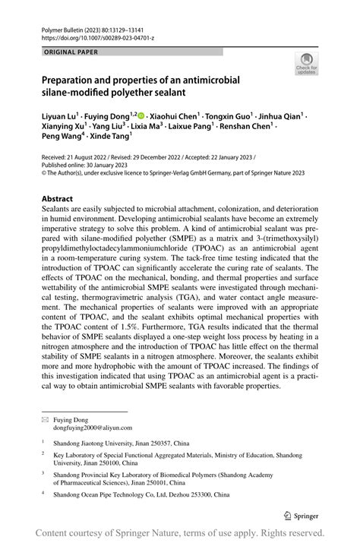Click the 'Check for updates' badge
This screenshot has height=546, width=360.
307,64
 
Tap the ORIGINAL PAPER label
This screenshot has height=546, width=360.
71,52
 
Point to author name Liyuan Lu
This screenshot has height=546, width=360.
59,116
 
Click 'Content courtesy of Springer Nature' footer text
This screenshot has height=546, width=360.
122,532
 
